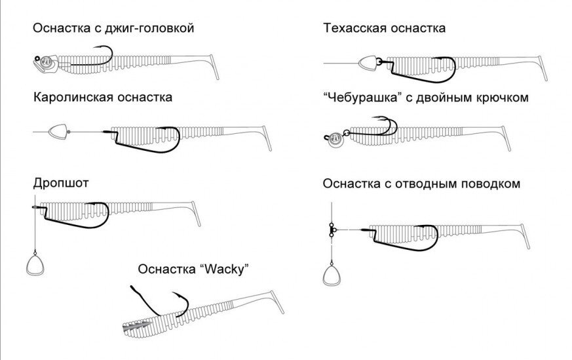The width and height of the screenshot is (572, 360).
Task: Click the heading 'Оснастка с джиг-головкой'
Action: tap(113, 28)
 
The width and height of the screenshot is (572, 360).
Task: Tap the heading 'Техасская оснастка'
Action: tap(384, 28)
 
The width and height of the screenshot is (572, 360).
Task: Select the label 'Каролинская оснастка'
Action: tap(103, 97)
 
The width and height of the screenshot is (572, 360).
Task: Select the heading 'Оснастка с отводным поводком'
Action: tap(421, 183)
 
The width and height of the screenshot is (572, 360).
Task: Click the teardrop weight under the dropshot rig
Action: tap(34, 265)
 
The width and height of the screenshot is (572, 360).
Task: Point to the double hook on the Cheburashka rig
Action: tap(383, 127)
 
